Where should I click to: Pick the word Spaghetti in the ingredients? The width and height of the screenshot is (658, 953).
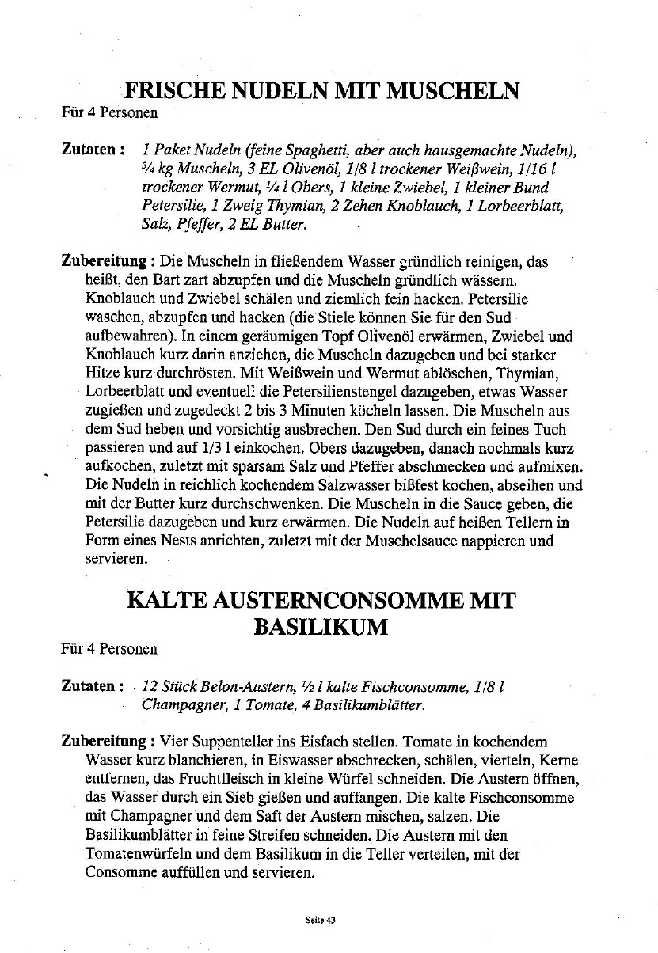click(x=314, y=150)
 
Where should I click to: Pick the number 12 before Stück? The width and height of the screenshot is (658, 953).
click(x=151, y=685)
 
